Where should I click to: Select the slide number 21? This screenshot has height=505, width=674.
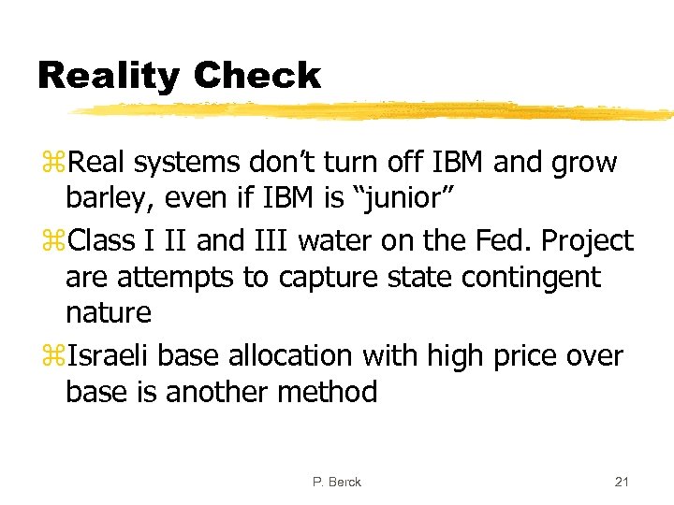(x=622, y=482)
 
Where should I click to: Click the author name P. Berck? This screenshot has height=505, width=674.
(x=337, y=482)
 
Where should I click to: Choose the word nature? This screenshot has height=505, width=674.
(x=109, y=313)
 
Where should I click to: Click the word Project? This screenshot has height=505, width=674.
(x=589, y=241)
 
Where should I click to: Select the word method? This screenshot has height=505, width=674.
(x=330, y=392)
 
